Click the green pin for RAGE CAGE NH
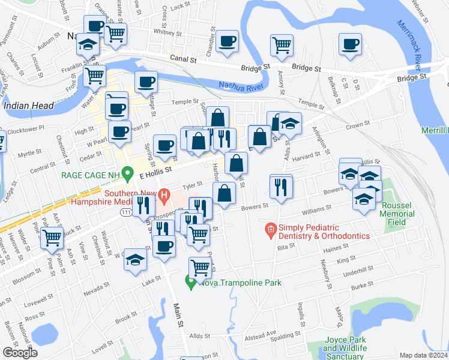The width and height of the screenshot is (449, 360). point(127,174)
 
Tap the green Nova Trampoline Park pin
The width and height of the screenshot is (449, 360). point(191,281)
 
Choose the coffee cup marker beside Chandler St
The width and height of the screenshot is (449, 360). point(228,41)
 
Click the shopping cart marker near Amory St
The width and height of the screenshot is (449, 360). point(282,44)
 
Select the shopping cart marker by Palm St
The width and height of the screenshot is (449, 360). point(52,237)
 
